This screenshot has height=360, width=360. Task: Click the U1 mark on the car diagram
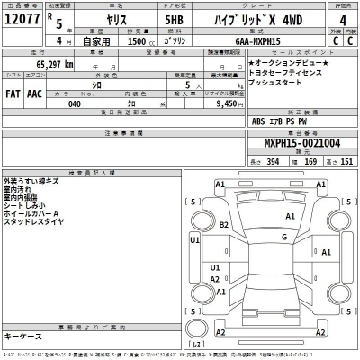(194, 241)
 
